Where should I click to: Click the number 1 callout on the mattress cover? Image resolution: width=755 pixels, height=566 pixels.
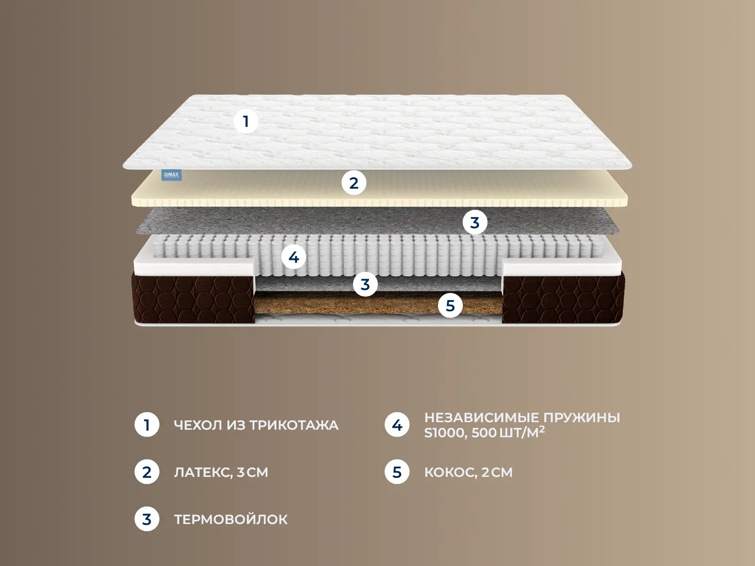pyautogui.click(x=246, y=121)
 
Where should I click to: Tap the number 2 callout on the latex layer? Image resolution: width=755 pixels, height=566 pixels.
pyautogui.click(x=354, y=183)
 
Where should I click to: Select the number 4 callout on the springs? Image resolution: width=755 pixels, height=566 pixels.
pyautogui.click(x=294, y=257)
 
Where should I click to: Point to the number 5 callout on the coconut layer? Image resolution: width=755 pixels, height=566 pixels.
pyautogui.click(x=450, y=306)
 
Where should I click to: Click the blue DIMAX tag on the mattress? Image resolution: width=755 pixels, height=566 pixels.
pyautogui.click(x=171, y=175)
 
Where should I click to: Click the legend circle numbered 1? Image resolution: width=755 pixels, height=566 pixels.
pyautogui.click(x=147, y=425)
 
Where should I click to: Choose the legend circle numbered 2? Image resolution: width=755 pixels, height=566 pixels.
pyautogui.click(x=147, y=472)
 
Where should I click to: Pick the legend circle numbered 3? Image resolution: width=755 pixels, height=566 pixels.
pyautogui.click(x=147, y=519)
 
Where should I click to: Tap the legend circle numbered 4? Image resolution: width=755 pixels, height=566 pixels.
pyautogui.click(x=397, y=425)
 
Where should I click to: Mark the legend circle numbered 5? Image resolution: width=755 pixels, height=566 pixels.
pyautogui.click(x=397, y=472)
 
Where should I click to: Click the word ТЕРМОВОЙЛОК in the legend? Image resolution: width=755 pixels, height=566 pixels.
pyautogui.click(x=231, y=519)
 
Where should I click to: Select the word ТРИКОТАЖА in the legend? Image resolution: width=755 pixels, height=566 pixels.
pyautogui.click(x=294, y=425)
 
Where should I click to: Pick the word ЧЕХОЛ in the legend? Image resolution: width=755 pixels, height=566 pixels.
pyautogui.click(x=198, y=425)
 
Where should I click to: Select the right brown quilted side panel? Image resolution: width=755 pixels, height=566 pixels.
pyautogui.click(x=563, y=298)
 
